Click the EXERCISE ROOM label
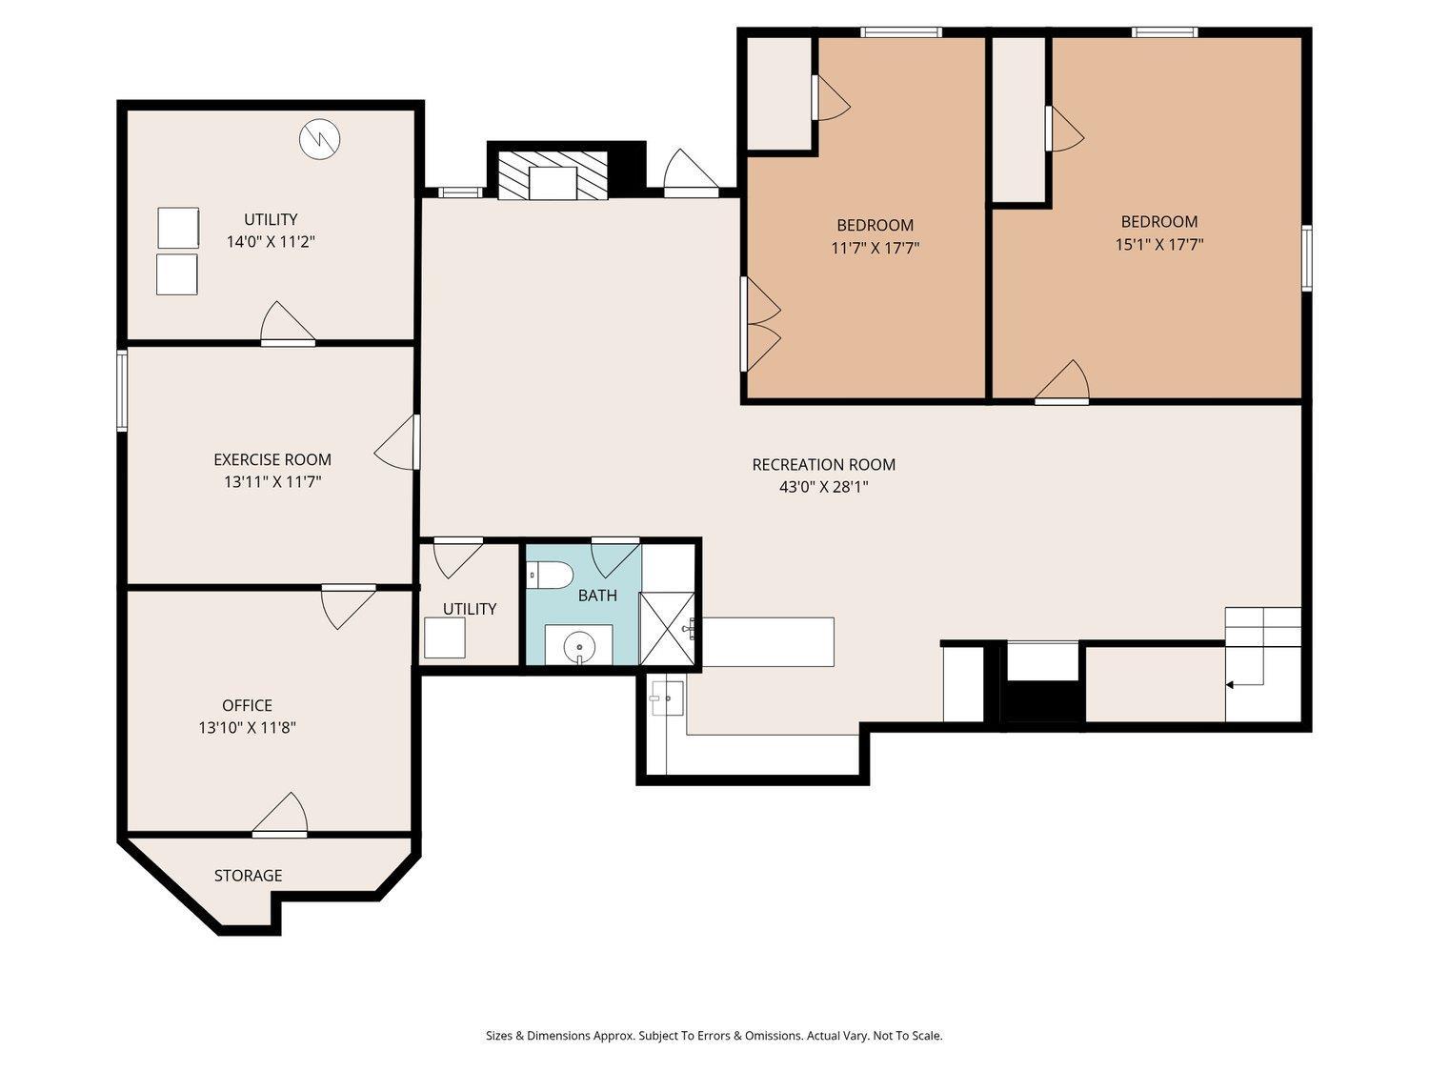point(272,459)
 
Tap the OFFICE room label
point(247,705)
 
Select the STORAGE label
point(248,876)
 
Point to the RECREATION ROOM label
point(823,465)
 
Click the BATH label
point(597,595)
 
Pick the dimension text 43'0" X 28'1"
point(823,487)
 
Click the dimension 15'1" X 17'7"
point(1159,245)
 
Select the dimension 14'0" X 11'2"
point(271,242)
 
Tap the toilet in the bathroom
point(550,576)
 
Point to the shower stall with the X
point(667,629)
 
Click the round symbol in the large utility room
point(320,138)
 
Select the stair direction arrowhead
point(1229,685)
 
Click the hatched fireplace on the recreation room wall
point(552,175)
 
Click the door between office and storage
point(280,815)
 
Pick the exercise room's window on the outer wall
point(122,391)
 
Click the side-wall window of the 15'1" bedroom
point(1306,257)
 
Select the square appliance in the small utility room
point(445,637)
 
